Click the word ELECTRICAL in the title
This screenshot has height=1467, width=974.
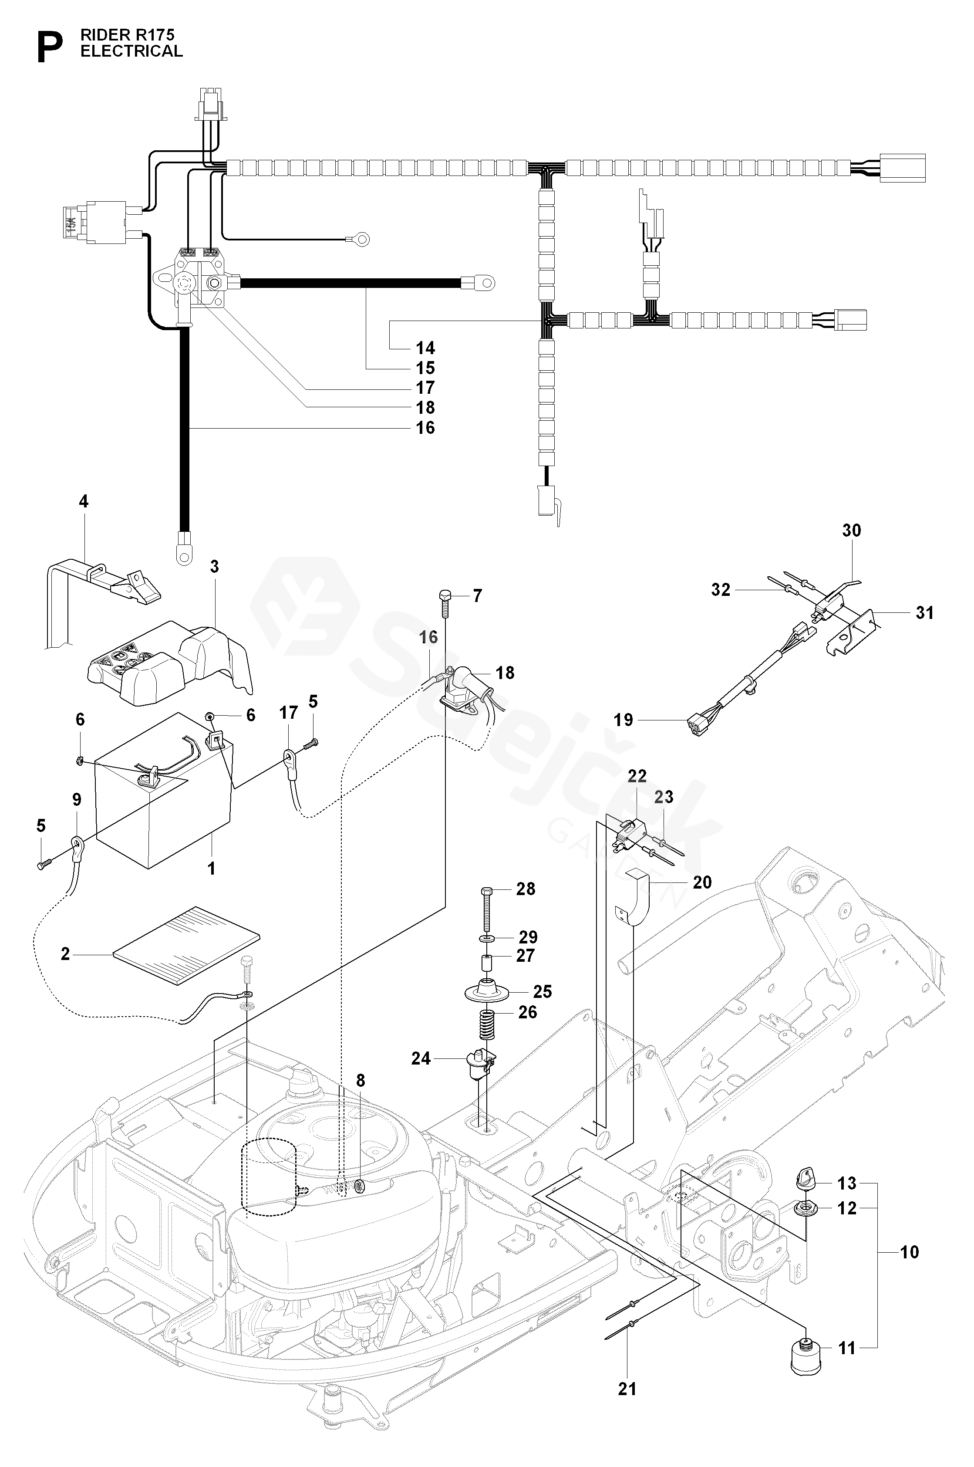tap(131, 51)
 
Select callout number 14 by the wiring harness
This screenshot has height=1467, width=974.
tap(425, 348)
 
